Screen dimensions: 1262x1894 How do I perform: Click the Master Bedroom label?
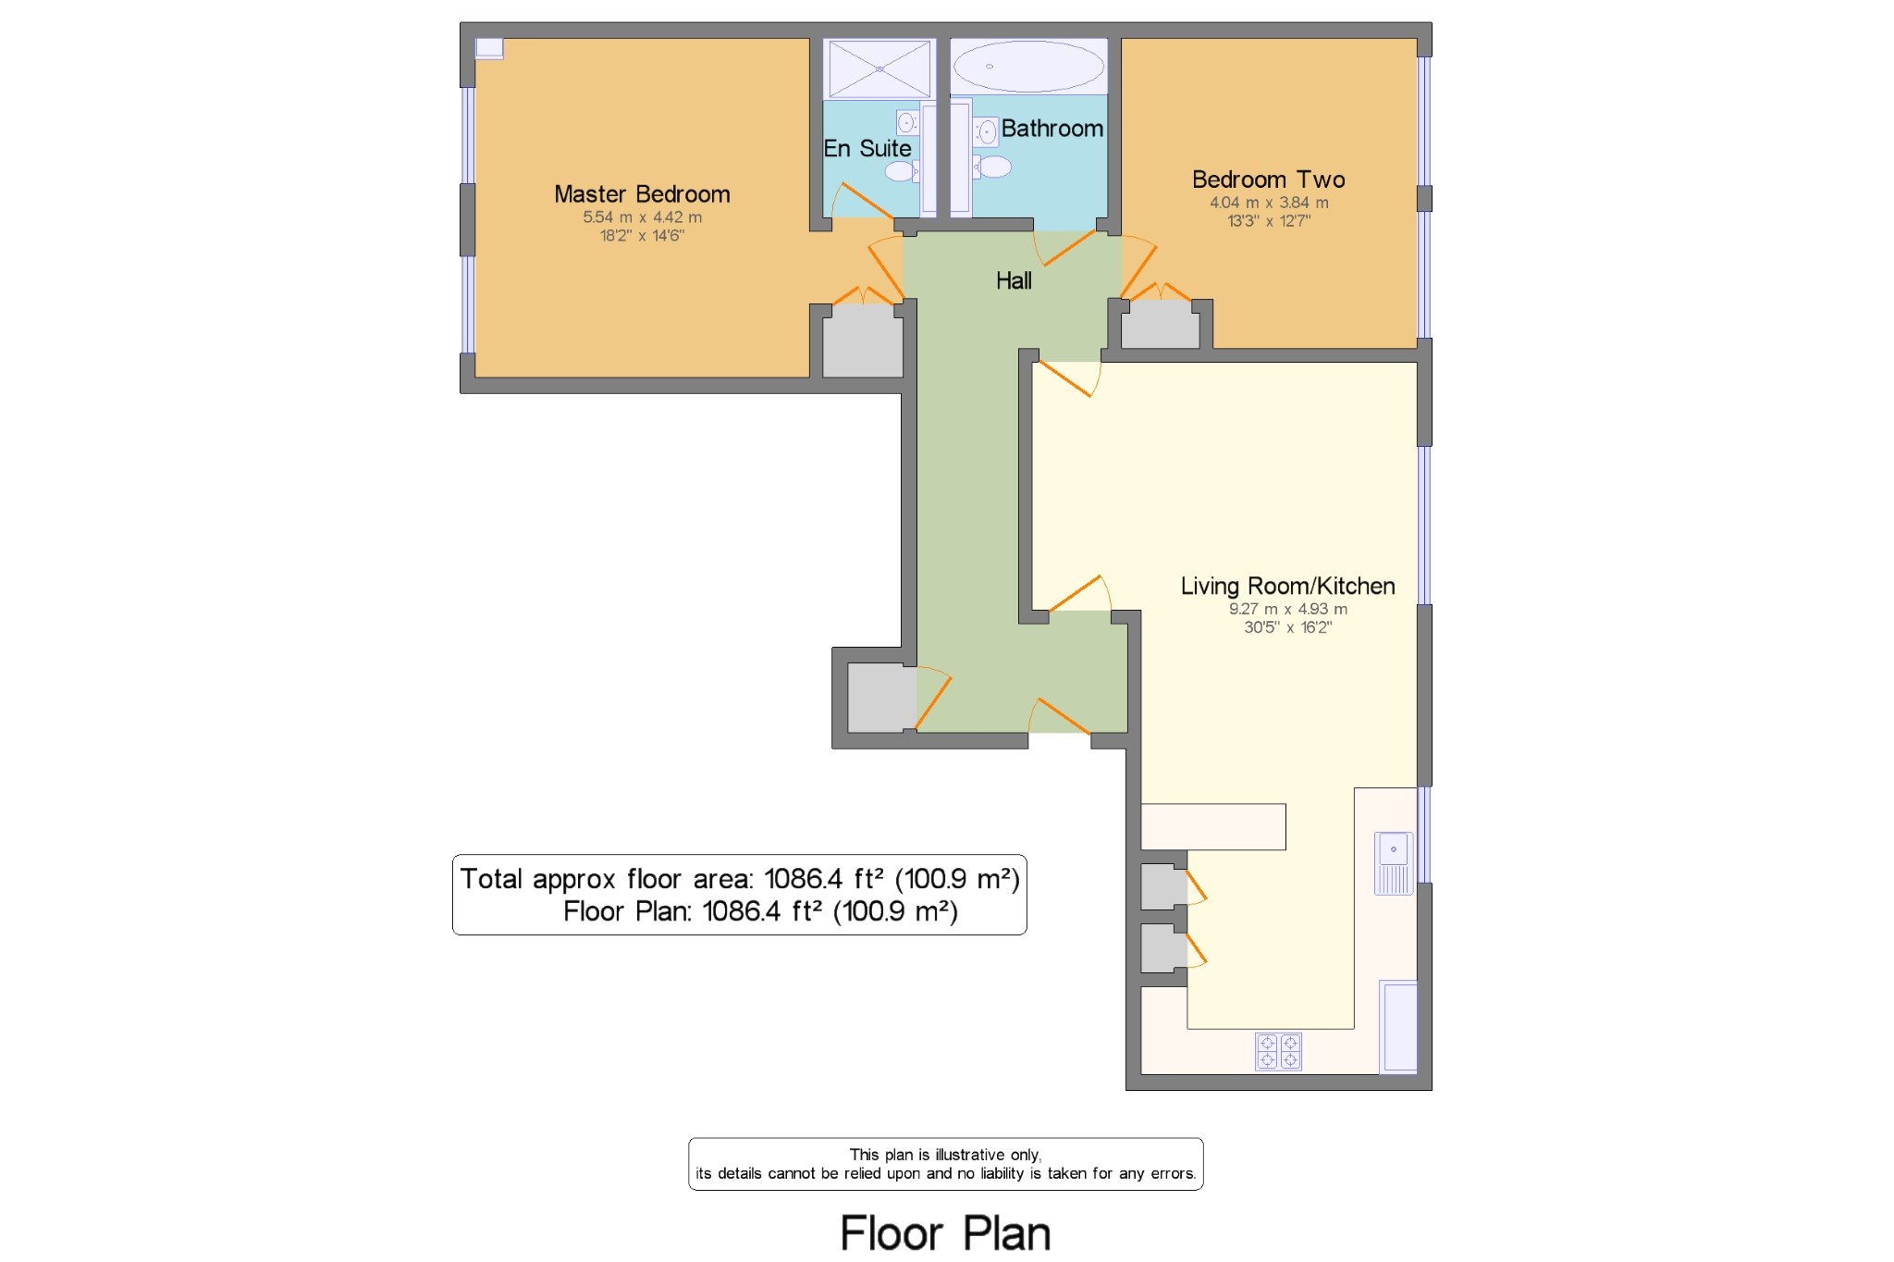click(642, 194)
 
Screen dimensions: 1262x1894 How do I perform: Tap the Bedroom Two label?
click(1268, 179)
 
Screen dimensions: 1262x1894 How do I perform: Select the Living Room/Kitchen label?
click(1287, 586)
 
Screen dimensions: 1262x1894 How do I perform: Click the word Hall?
click(1014, 281)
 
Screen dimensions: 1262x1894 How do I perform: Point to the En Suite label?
click(867, 148)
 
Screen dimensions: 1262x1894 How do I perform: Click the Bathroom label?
click(1052, 129)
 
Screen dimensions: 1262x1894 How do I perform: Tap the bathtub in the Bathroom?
click(1028, 67)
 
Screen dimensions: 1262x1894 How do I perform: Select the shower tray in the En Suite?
click(879, 68)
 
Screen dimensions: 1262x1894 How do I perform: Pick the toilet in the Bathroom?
click(992, 167)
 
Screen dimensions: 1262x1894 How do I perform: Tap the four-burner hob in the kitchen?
click(1278, 1051)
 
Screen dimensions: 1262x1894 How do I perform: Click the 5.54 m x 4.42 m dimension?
click(642, 217)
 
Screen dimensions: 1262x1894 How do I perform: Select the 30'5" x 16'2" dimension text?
click(1287, 627)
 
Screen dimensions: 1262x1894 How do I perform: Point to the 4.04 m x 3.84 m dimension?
click(1268, 203)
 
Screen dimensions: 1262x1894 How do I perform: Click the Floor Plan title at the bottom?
click(945, 1233)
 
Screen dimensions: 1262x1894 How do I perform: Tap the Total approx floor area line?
click(739, 879)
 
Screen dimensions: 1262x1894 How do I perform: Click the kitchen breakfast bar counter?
click(1212, 826)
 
